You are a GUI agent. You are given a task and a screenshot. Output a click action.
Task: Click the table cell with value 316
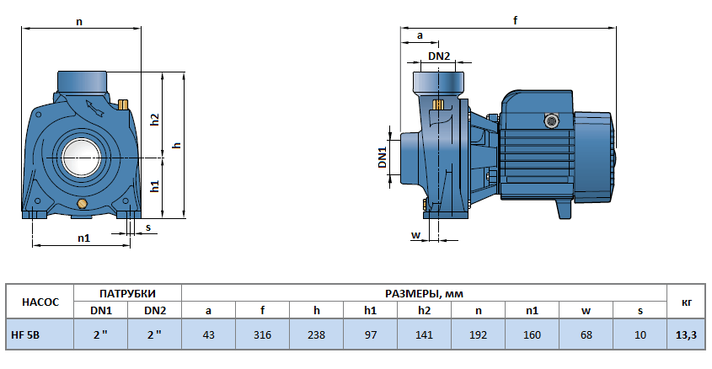(x=262, y=334)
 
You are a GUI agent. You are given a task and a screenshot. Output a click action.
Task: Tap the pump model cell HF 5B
(x=25, y=334)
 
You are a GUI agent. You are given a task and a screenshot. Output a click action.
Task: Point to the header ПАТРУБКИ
(x=127, y=293)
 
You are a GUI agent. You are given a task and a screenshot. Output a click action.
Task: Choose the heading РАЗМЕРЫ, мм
(x=424, y=293)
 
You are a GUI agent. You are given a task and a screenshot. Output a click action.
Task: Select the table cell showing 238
(x=316, y=334)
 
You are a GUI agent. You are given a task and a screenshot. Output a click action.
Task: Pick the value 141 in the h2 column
(x=424, y=334)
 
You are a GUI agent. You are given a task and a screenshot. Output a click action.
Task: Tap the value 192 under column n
(x=478, y=334)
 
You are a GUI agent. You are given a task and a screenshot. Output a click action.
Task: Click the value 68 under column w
(x=586, y=334)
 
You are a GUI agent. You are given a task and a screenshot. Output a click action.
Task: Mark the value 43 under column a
(x=208, y=334)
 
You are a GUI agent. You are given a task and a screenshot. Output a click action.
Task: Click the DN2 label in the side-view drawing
(x=439, y=56)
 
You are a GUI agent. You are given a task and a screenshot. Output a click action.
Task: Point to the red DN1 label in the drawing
(x=382, y=158)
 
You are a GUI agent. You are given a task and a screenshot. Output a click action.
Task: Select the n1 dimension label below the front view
(x=83, y=238)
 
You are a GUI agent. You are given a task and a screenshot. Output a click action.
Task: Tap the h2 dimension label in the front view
(x=155, y=120)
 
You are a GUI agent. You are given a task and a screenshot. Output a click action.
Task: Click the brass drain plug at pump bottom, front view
(x=82, y=205)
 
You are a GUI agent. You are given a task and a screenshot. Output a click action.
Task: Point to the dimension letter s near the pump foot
(x=148, y=227)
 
